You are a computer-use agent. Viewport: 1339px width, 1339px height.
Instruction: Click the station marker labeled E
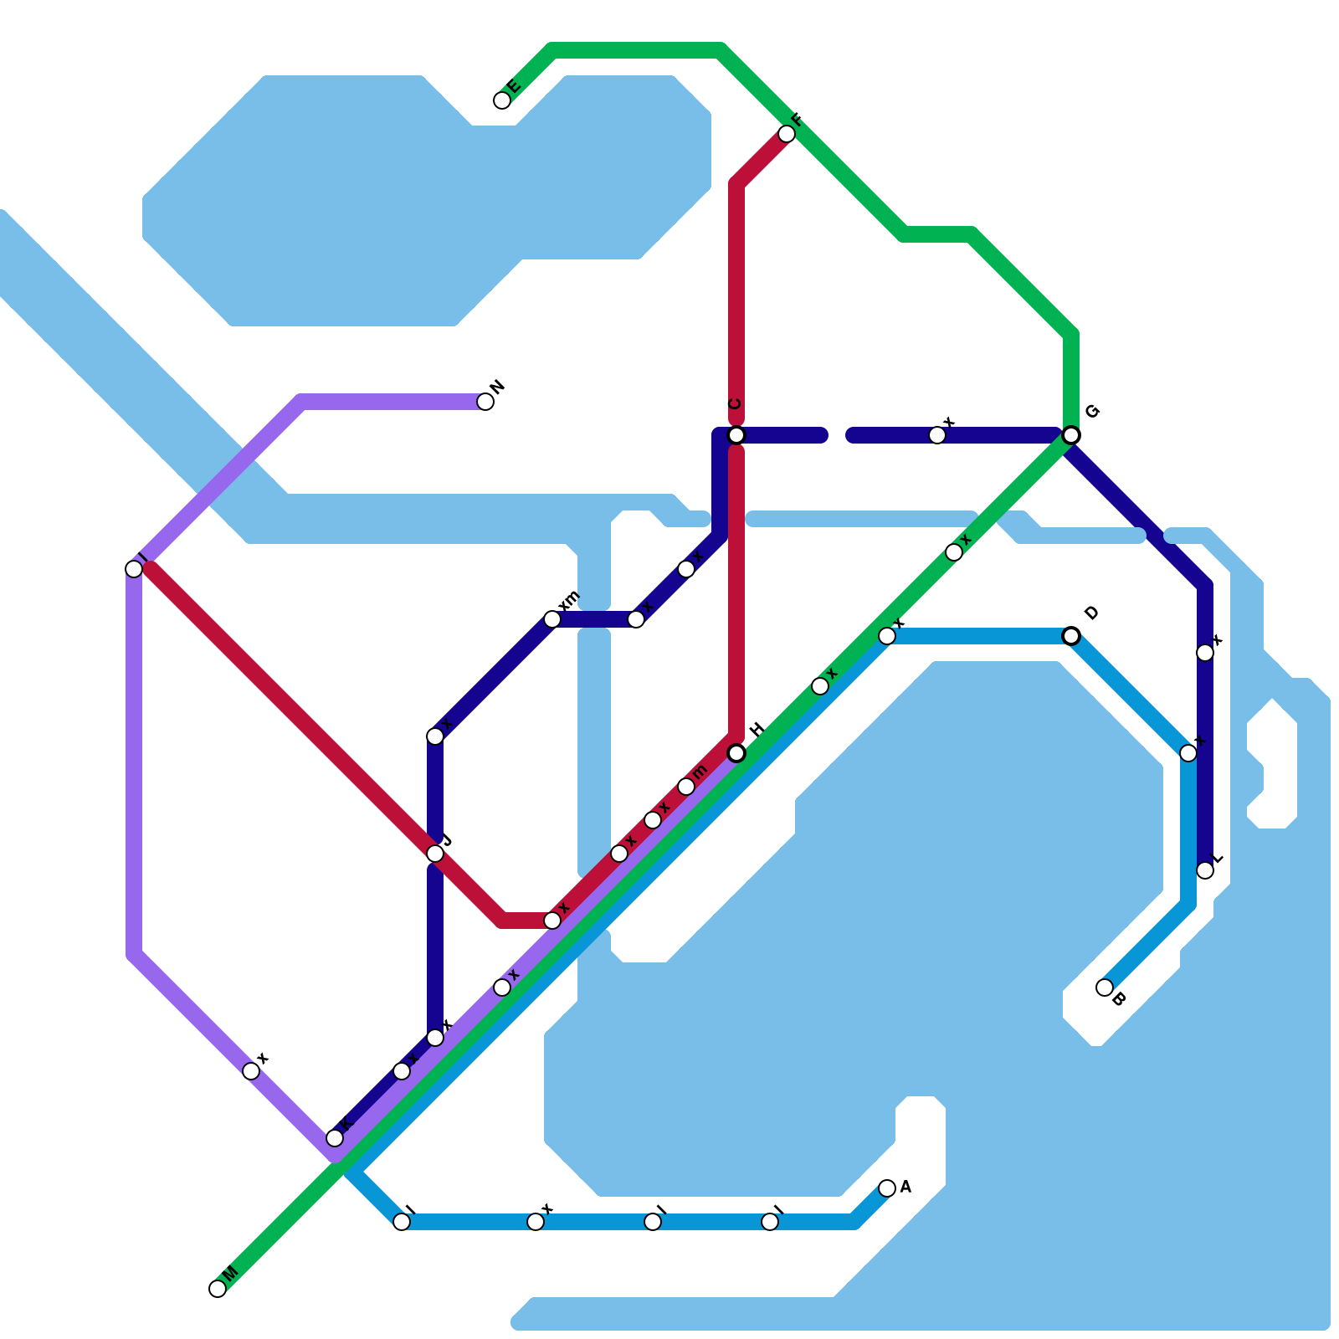pyautogui.click(x=502, y=100)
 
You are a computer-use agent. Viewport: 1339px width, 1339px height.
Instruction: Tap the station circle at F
pyautogui.click(x=787, y=134)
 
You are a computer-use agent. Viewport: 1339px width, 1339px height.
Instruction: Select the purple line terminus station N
pyautogui.click(x=485, y=402)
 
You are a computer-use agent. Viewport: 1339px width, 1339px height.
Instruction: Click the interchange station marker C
pyautogui.click(x=736, y=435)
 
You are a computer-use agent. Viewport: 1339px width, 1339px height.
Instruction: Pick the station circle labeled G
pyautogui.click(x=1071, y=435)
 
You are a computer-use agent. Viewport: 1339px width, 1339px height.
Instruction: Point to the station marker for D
pyautogui.click(x=1071, y=636)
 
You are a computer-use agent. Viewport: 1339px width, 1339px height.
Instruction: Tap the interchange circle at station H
pyautogui.click(x=736, y=753)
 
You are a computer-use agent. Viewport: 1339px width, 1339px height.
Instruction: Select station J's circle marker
pyautogui.click(x=435, y=854)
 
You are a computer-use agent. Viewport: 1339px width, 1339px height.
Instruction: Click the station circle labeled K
pyautogui.click(x=335, y=1138)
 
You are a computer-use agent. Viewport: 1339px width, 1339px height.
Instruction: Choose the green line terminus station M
pyautogui.click(x=218, y=1289)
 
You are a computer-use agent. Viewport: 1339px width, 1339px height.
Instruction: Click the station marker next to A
pyautogui.click(x=887, y=1188)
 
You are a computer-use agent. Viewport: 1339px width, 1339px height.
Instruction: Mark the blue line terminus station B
pyautogui.click(x=1105, y=988)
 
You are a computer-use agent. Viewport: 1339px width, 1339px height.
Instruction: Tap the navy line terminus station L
pyautogui.click(x=1205, y=870)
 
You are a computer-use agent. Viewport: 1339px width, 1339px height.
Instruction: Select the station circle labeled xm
pyautogui.click(x=552, y=619)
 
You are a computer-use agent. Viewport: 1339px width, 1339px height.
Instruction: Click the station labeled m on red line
pyautogui.click(x=686, y=787)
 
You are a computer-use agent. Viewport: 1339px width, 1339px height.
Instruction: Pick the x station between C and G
pyautogui.click(x=937, y=435)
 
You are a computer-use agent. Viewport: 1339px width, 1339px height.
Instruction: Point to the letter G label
pyautogui.click(x=1091, y=412)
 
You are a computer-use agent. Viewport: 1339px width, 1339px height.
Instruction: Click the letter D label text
pyautogui.click(x=1090, y=613)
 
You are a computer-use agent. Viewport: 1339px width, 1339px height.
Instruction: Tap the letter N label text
pyautogui.click(x=498, y=387)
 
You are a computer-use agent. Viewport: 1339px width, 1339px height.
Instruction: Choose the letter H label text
pyautogui.click(x=757, y=730)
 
